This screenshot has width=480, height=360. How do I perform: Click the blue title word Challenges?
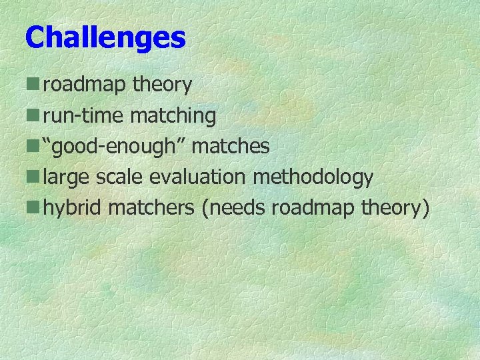coord(105,38)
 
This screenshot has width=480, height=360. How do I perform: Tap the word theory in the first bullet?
coord(162,85)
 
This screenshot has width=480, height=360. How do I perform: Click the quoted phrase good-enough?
coord(114,146)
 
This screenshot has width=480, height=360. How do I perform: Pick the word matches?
coord(231,146)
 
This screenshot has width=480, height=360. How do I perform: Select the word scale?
coord(120,177)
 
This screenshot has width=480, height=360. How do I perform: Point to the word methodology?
coord(313,178)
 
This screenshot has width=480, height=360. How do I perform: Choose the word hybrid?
coord(73,208)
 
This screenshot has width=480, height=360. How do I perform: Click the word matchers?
coord(151,208)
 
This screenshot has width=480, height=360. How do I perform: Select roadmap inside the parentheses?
coord(313,208)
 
